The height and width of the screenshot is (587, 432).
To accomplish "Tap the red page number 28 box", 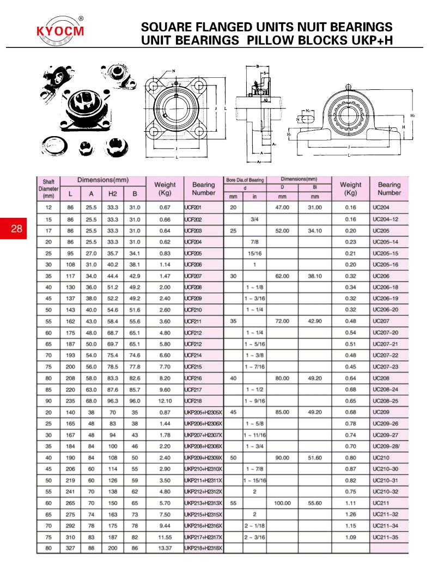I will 16,228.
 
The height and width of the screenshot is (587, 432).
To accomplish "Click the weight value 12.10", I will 165,401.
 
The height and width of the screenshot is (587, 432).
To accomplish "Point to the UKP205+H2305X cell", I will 204,412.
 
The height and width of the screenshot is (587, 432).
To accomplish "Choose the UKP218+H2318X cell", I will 204,548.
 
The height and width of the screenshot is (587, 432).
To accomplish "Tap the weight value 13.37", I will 165,548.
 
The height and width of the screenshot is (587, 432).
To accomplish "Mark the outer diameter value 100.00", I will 282,503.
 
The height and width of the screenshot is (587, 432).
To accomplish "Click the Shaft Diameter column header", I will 48,188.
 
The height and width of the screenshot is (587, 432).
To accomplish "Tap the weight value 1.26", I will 350,514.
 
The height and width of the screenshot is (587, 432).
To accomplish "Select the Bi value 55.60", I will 315,503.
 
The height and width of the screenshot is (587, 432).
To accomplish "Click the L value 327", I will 70,548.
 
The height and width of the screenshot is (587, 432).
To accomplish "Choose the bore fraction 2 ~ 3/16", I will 254,536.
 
